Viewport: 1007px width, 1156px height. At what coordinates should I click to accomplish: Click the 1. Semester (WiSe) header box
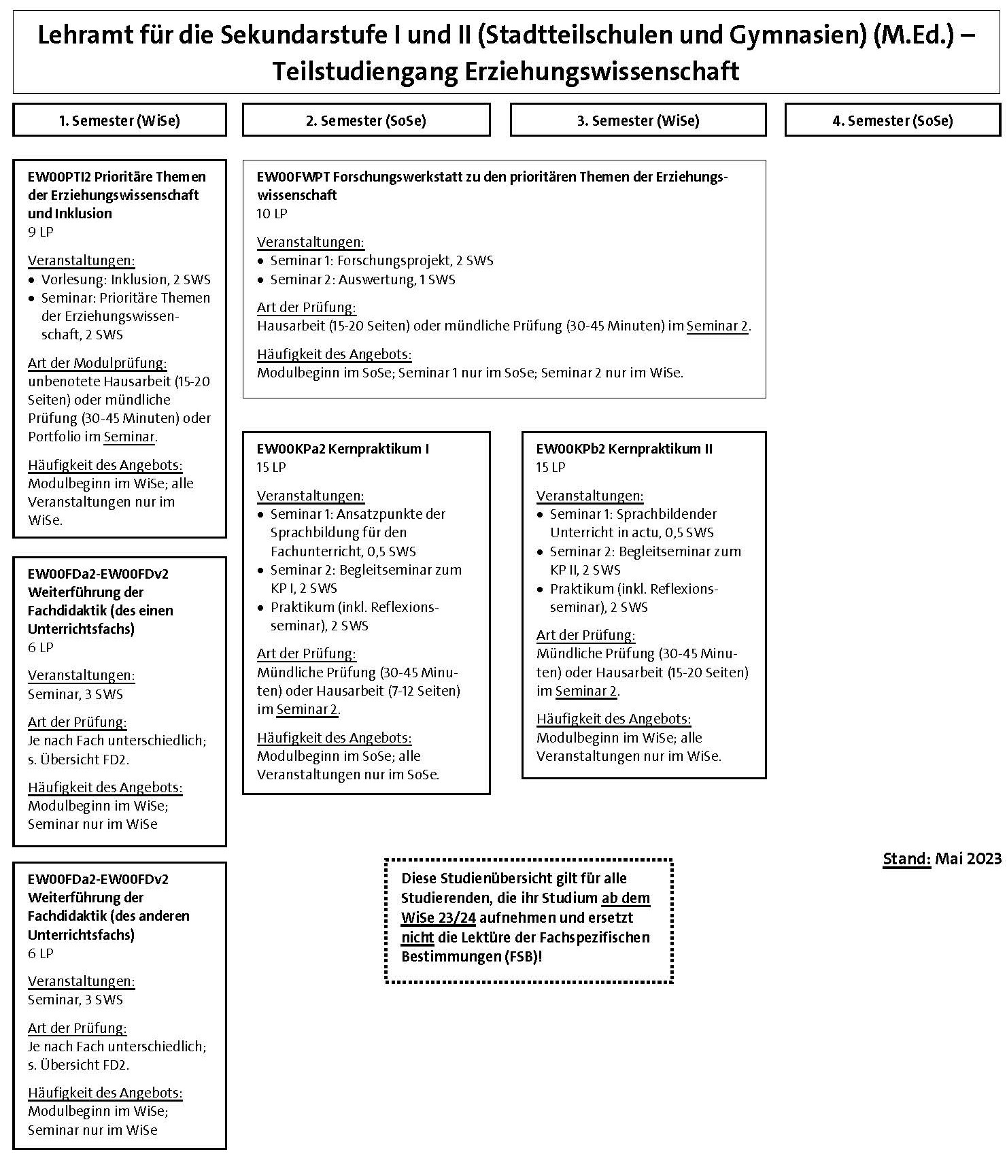[x=119, y=120]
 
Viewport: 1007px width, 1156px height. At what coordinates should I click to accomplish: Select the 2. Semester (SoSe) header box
[x=366, y=120]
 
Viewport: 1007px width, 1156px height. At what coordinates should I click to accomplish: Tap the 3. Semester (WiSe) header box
[x=638, y=120]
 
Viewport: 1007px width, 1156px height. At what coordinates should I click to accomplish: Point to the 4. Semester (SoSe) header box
[x=892, y=120]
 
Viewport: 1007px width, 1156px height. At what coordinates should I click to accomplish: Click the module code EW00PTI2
[x=59, y=177]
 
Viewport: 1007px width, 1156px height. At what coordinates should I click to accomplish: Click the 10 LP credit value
[x=272, y=214]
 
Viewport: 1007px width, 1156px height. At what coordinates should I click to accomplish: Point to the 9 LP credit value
[x=41, y=232]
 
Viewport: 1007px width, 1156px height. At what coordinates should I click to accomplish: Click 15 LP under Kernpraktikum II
[x=551, y=467]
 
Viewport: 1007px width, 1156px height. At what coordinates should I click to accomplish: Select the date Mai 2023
[x=968, y=859]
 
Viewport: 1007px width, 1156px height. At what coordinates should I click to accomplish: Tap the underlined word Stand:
[x=906, y=859]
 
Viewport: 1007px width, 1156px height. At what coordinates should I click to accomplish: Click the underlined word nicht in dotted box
[x=417, y=937]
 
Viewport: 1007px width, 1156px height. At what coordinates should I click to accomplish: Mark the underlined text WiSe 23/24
[x=439, y=917]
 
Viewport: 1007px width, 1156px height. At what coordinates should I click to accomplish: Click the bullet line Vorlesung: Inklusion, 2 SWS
[x=126, y=279]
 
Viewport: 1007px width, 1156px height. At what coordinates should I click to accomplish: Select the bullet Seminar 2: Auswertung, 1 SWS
[x=362, y=279]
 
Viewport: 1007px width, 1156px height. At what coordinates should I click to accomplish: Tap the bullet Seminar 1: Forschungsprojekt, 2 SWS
[x=381, y=260]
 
